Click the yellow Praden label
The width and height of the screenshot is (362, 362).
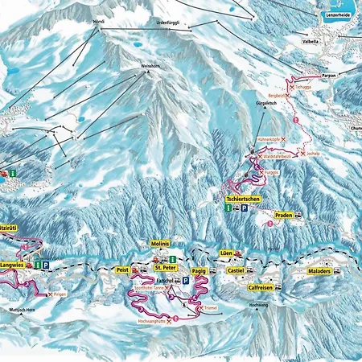[282, 216]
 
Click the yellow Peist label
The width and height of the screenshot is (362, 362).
[123, 270]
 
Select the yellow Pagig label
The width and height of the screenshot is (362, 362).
[200, 272]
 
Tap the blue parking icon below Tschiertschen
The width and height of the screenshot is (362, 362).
[245, 208]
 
